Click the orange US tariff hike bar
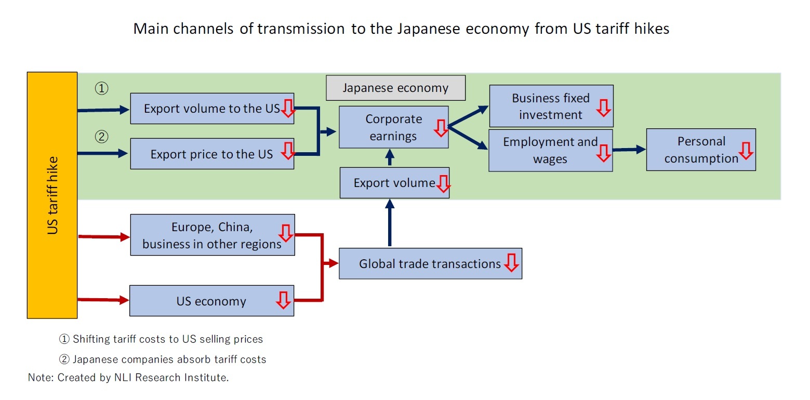point(52,195)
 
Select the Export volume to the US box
point(212,109)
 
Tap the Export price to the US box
point(212,154)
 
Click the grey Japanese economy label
point(395,88)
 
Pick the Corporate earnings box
point(393,127)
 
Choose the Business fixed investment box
point(551,106)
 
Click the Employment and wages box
point(550,150)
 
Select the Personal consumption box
point(700,150)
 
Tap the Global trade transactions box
point(430,263)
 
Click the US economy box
point(211,301)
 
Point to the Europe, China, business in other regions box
point(212,235)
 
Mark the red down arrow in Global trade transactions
point(511,263)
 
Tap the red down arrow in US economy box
point(283,300)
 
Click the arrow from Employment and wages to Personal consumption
point(629,150)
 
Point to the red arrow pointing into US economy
point(103,300)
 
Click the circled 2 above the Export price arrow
point(101,137)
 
